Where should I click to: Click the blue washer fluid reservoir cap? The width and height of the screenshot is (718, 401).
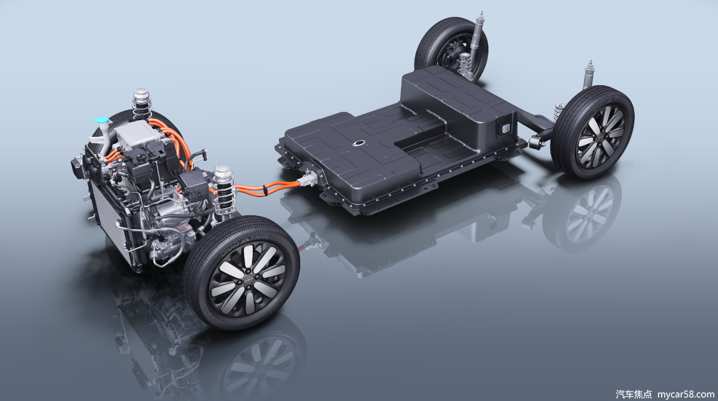click(102, 120)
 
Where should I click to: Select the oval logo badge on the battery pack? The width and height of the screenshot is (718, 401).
click(360, 143)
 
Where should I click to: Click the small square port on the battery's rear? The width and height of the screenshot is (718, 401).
click(505, 129)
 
